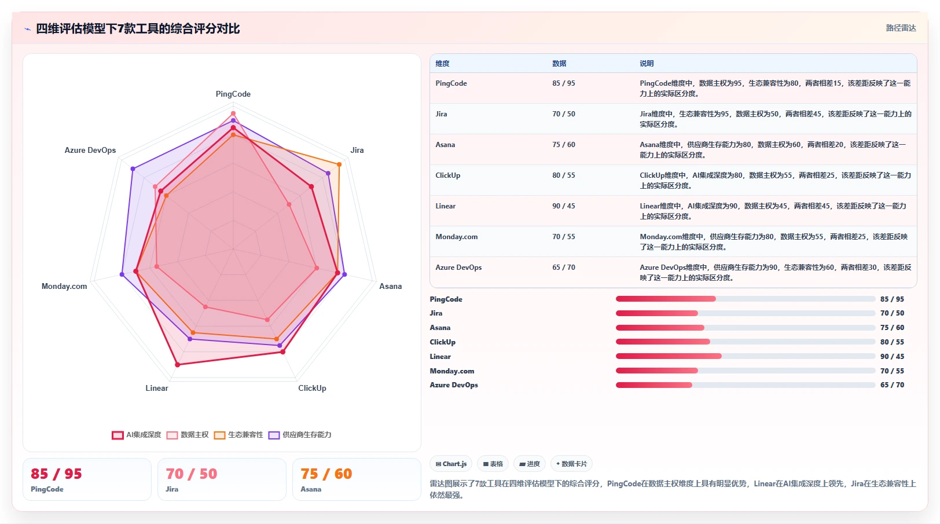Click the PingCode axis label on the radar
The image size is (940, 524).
pos(233,94)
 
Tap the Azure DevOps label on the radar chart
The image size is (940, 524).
pos(90,151)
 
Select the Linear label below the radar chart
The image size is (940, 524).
pos(157,388)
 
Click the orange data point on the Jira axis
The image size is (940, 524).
pos(339,164)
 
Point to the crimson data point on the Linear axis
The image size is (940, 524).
pos(178,365)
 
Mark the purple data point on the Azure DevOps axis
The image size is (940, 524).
pos(133,169)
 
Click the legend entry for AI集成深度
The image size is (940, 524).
pos(137,435)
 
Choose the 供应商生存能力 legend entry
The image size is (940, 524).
pos(300,435)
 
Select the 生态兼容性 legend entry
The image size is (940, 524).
pos(238,435)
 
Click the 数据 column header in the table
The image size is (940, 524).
pos(559,63)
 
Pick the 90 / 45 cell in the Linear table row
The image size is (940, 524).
pos(564,206)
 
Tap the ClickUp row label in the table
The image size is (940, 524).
pos(448,175)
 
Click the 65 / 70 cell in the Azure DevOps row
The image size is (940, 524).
pos(564,268)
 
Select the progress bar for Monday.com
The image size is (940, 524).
pos(746,371)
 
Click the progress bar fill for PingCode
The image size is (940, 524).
pos(666,299)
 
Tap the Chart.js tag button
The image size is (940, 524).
pos(451,464)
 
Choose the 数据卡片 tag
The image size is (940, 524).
pos(571,464)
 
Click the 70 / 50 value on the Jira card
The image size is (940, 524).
pos(192,474)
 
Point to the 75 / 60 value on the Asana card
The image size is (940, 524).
pos(326,474)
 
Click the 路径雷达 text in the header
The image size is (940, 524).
pos(901,28)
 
